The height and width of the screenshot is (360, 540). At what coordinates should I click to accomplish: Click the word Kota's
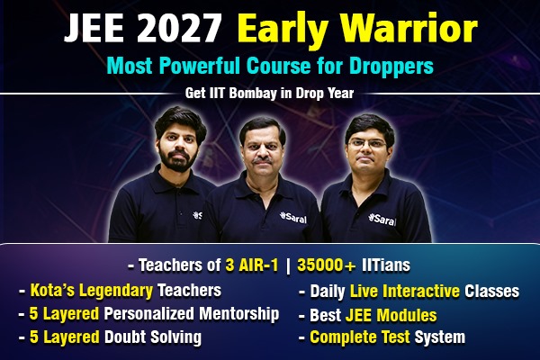(x=56, y=292)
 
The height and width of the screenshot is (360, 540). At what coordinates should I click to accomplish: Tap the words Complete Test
(x=360, y=338)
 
